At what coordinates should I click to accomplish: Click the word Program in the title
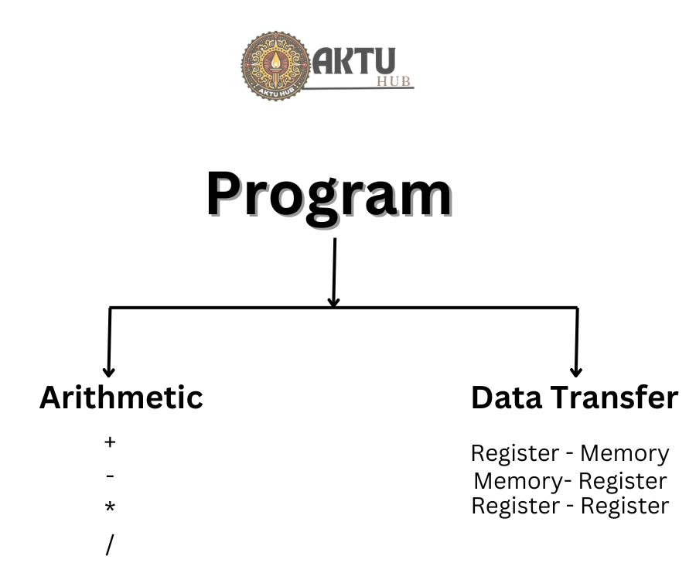329,195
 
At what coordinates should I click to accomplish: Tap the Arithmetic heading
121,397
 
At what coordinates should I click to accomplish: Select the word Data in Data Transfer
507,397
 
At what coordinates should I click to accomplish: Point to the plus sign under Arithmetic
110,442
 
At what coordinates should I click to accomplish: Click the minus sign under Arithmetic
110,476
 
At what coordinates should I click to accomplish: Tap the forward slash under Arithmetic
109,544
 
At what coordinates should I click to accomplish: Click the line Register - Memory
570,453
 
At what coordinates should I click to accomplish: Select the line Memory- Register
570,481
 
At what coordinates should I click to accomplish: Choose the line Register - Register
570,507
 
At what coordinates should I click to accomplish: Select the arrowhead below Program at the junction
333,299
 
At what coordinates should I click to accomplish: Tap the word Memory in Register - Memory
625,453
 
